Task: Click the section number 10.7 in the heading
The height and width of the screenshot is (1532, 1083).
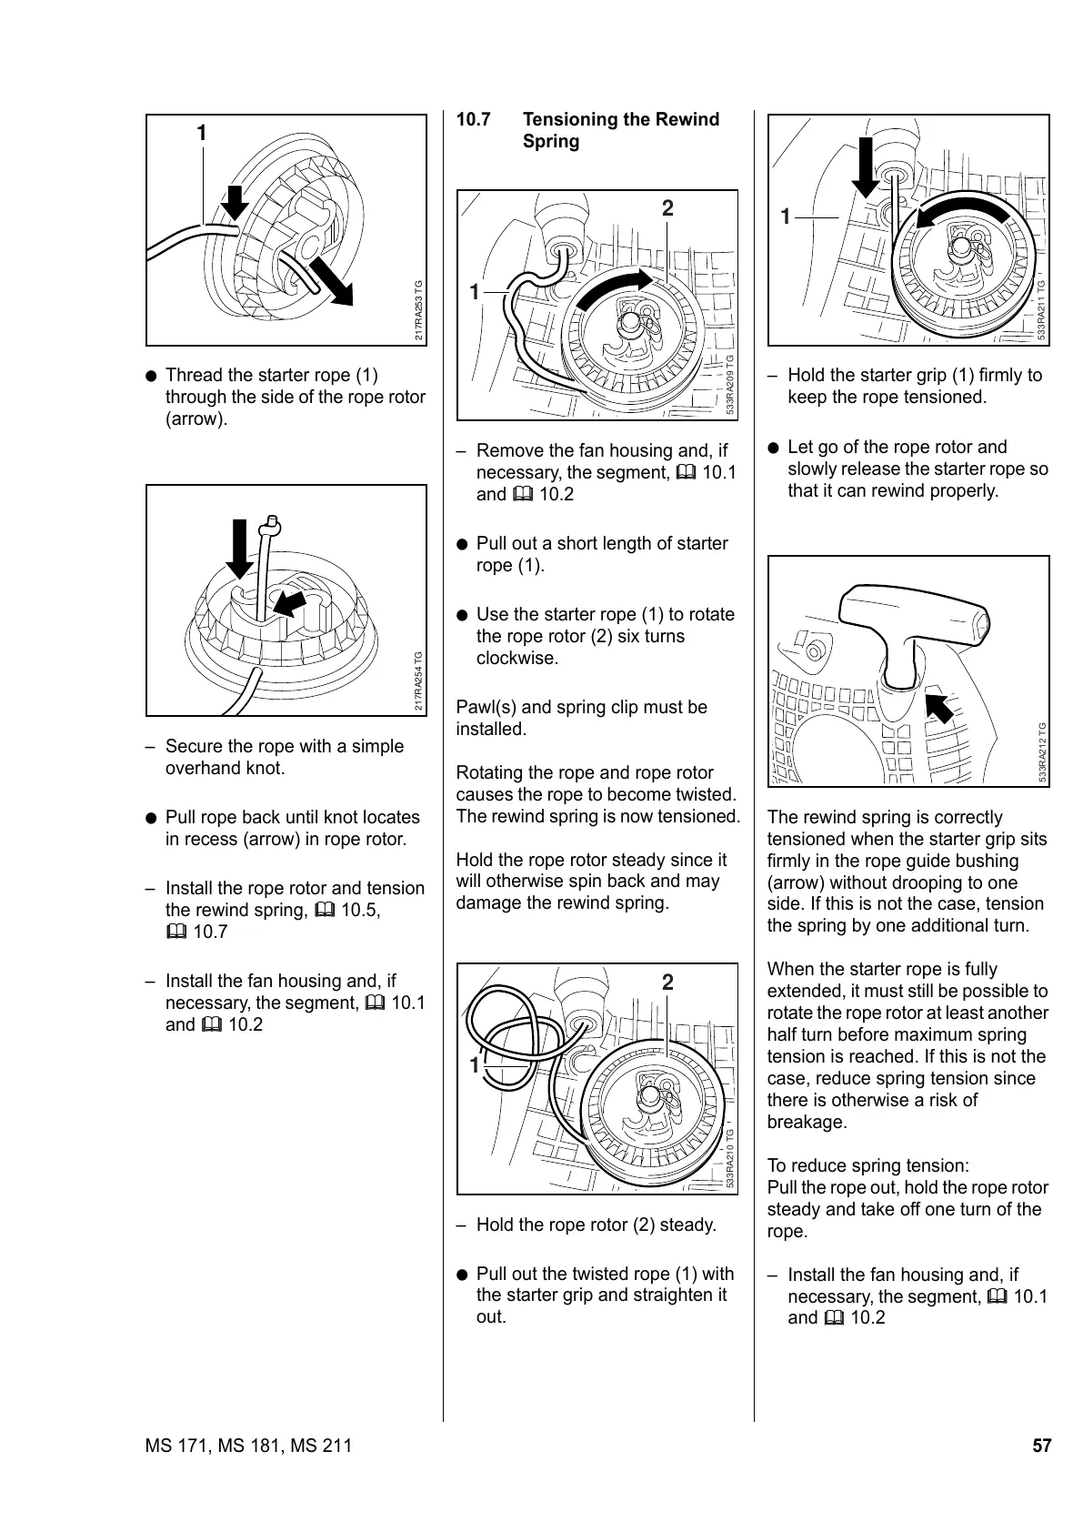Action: tap(473, 120)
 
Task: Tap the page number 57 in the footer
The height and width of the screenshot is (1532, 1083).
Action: tap(1041, 1446)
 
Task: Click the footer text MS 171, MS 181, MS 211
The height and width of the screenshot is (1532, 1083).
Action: tap(248, 1446)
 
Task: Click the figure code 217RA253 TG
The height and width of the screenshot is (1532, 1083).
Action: tap(419, 309)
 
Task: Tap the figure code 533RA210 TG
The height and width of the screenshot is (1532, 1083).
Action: tap(729, 1156)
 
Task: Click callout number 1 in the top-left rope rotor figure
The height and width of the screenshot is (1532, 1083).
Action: tap(202, 134)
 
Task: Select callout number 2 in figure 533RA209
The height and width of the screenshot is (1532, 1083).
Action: tap(667, 208)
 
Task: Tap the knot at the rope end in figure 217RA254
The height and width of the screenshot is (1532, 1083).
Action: tap(271, 525)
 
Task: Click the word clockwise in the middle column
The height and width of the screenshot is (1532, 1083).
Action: tap(516, 659)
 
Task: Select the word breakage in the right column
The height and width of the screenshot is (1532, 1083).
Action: tap(807, 1123)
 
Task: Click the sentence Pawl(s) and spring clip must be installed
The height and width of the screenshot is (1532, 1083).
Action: tap(581, 718)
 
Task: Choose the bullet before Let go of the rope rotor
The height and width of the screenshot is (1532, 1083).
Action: tap(773, 448)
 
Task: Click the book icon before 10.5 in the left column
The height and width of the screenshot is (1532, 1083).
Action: tap(324, 911)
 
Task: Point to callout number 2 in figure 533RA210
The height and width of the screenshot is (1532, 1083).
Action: tap(667, 983)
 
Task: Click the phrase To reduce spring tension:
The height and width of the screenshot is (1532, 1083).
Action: tap(867, 1166)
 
